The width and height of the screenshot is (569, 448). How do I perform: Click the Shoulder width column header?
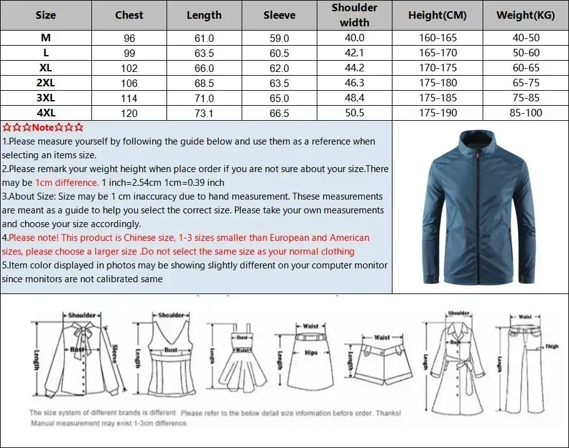click(354, 15)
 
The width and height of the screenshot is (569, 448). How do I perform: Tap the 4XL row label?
click(46, 113)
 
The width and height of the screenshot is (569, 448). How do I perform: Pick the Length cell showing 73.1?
click(204, 113)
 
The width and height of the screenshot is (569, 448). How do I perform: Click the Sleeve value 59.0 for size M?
click(279, 38)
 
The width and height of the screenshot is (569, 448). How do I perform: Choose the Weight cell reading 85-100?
click(526, 113)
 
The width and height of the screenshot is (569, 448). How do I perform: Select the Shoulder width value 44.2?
click(354, 68)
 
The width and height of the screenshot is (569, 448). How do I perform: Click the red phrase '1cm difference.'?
click(67, 183)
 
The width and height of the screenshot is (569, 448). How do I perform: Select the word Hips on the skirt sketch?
click(311, 352)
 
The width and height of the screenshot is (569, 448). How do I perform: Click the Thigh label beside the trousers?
click(551, 346)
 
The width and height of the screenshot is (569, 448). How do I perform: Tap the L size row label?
click(46, 53)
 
